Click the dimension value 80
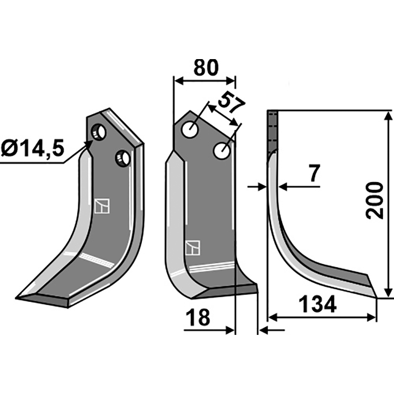pos(205,68)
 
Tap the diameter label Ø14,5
pos(33,148)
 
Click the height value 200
pos(374,200)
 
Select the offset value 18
pos(198,318)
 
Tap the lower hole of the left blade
pos(122,159)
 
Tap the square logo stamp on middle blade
pos(192,247)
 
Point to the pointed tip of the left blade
pos(18,297)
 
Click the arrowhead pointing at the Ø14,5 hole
pos(90,144)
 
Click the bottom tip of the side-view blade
pos(376,297)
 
